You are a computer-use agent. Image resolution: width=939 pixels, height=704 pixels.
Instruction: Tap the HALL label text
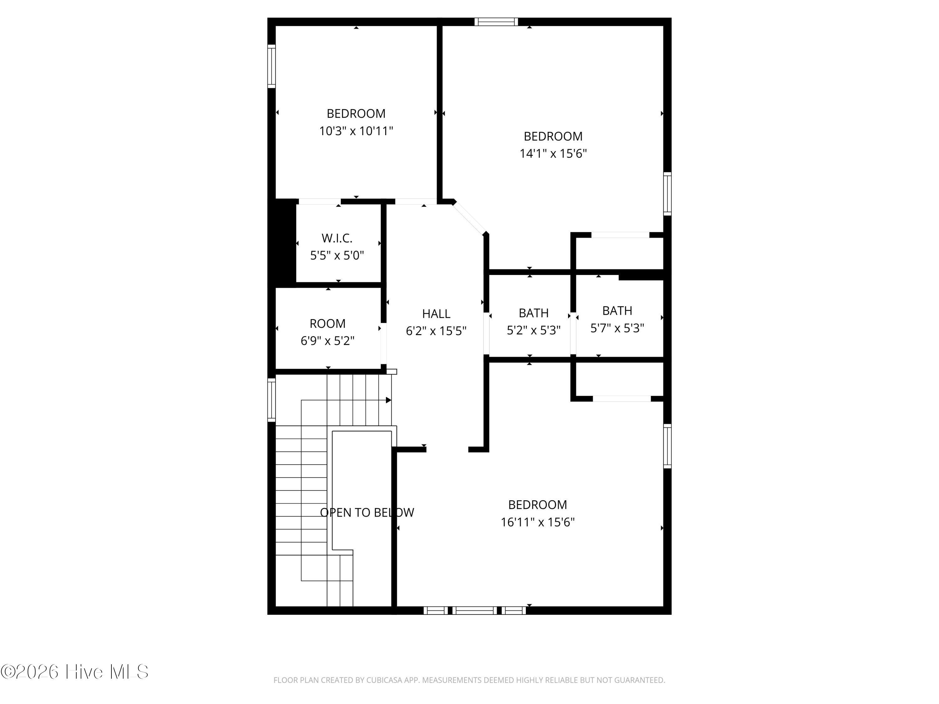point(436,314)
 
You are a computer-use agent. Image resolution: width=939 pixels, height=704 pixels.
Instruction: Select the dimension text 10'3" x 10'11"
point(356,131)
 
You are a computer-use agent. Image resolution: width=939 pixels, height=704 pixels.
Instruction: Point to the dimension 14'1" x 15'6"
point(553,153)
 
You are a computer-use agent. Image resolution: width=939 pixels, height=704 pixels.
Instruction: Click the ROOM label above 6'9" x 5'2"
point(327,323)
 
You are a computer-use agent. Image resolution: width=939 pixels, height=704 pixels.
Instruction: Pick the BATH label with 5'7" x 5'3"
point(617,311)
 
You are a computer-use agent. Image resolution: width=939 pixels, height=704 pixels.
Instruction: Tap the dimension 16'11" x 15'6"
point(537,522)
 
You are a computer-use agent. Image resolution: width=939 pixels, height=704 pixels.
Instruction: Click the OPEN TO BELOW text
point(367,512)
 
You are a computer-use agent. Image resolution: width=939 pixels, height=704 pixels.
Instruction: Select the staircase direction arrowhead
point(388,400)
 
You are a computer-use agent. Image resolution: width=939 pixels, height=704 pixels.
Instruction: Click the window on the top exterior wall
point(496,22)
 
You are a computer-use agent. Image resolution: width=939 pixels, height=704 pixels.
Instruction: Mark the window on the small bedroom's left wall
point(271,66)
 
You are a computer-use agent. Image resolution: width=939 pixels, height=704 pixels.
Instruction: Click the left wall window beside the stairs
point(271,400)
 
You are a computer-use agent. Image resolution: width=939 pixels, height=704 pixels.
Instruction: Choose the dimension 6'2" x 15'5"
point(436,331)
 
